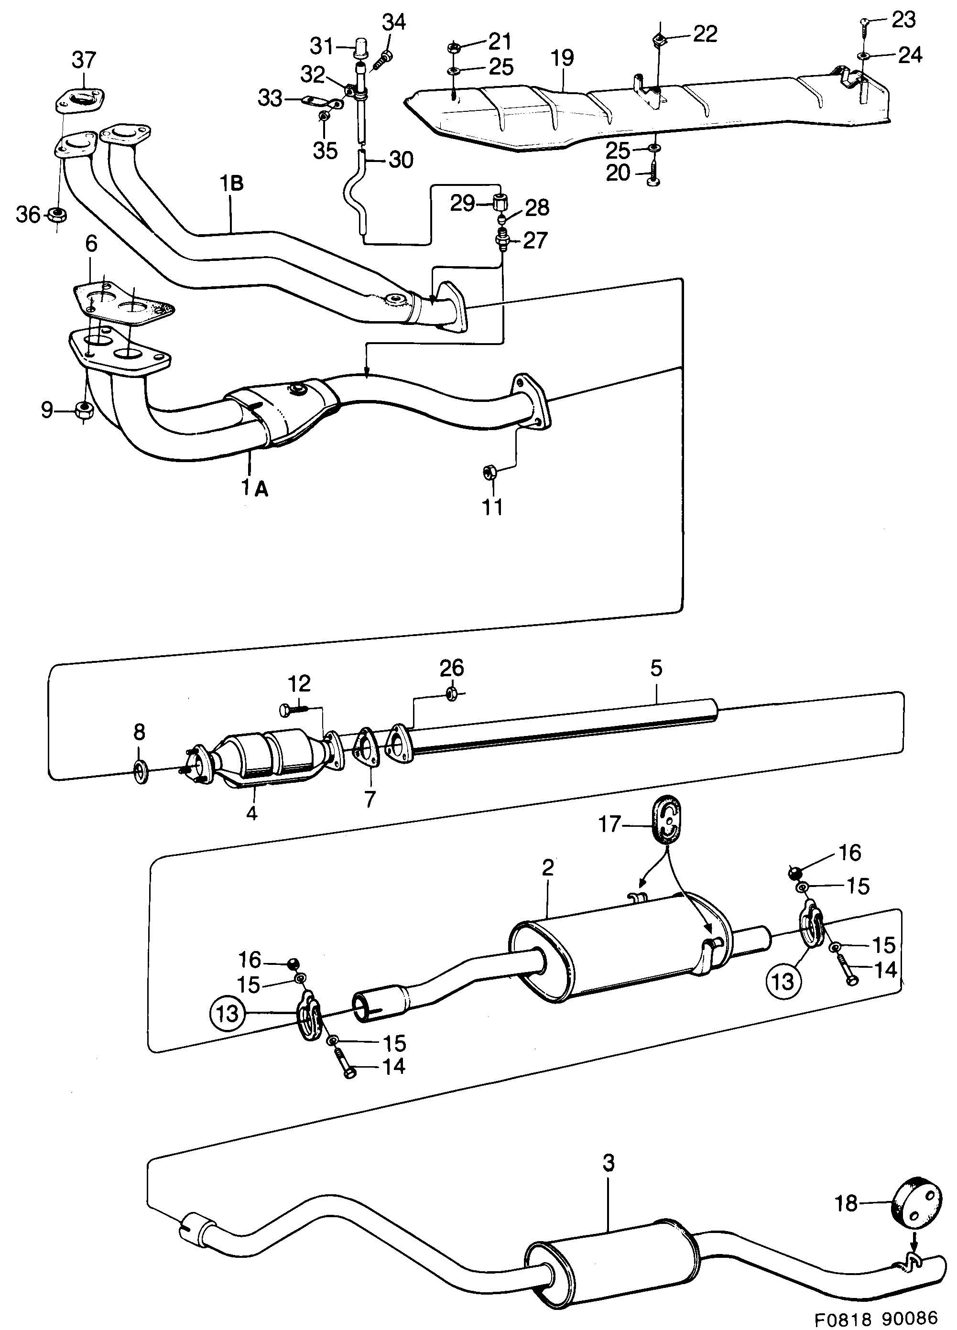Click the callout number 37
(84, 60)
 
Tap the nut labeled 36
(57, 215)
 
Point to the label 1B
(232, 184)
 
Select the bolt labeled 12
(294, 710)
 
